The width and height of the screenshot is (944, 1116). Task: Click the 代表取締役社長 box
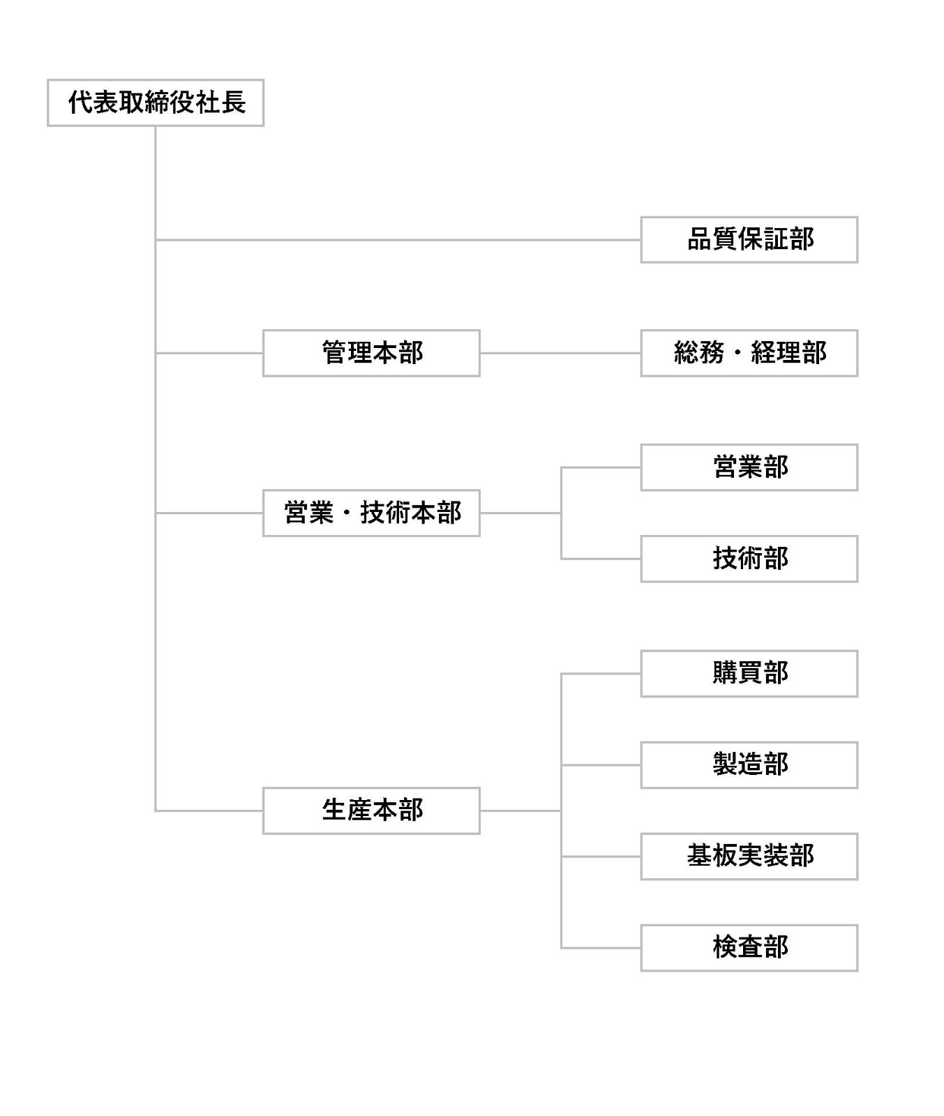pos(156,103)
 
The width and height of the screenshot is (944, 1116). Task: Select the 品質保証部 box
pos(749,240)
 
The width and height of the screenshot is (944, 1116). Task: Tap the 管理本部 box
pos(371,353)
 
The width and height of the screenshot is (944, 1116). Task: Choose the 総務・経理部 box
pos(749,353)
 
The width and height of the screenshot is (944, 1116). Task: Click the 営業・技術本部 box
pos(371,513)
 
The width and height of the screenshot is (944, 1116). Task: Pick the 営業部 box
pos(749,467)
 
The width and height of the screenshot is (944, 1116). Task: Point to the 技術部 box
pos(749,559)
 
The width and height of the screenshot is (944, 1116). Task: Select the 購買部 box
pos(749,674)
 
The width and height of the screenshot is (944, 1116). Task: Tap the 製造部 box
pos(749,765)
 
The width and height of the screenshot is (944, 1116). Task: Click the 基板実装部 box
pos(749,857)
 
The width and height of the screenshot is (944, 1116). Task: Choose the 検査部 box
pos(749,948)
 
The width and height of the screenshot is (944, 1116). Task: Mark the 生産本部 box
pos(371,810)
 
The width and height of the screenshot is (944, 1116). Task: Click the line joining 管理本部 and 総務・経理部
pos(560,353)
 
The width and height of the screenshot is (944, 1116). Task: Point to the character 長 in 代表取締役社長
pos(234,103)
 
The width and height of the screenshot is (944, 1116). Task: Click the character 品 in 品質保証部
pos(700,239)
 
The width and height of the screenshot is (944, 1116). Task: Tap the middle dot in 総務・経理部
pos(737,353)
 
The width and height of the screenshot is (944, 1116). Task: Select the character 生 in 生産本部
pos(334,810)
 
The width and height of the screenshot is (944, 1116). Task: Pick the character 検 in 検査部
pos(725,947)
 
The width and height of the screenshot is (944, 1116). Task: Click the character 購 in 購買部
pos(725,673)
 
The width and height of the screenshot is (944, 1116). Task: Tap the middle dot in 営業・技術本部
pos(347,513)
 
